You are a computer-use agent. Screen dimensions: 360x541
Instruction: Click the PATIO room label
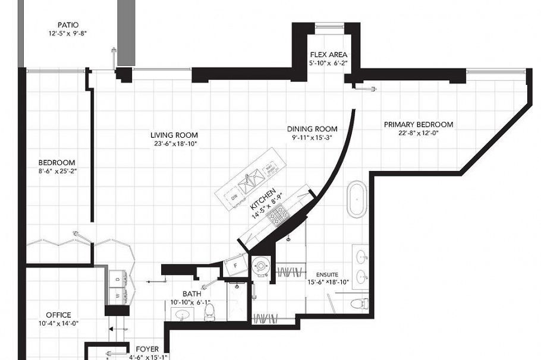tap(68, 25)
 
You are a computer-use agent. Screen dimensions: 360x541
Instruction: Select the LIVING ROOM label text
tap(174, 135)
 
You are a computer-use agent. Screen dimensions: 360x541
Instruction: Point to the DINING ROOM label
tap(312, 129)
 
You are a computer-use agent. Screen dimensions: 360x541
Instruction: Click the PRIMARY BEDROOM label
tap(418, 124)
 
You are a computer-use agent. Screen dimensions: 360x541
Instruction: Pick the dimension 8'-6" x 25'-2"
tap(57, 171)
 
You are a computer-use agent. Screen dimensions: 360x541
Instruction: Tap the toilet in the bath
tap(209, 312)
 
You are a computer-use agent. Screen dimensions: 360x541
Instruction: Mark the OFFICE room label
tap(58, 315)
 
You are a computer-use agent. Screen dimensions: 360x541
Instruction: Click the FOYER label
tap(147, 349)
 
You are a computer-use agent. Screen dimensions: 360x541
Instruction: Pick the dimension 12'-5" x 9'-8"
tap(68, 34)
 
